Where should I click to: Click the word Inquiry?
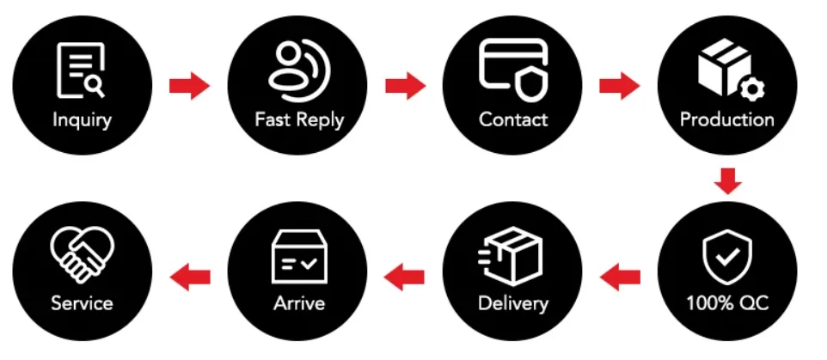click(x=82, y=119)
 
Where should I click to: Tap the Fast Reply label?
click(x=299, y=119)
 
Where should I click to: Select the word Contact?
click(x=513, y=119)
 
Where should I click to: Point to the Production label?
click(x=727, y=119)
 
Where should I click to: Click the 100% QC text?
click(x=727, y=303)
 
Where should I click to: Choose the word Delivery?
click(x=513, y=303)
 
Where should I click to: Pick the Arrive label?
click(x=298, y=303)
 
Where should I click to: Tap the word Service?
click(x=82, y=303)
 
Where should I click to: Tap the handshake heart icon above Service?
click(x=82, y=255)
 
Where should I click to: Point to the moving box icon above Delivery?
click(x=511, y=255)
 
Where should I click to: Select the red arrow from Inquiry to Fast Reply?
click(x=189, y=85)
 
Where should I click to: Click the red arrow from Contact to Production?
click(x=619, y=85)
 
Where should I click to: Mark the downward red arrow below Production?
click(x=727, y=181)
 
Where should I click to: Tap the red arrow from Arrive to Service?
click(x=190, y=276)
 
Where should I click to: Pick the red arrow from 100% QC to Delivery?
click(x=620, y=276)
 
